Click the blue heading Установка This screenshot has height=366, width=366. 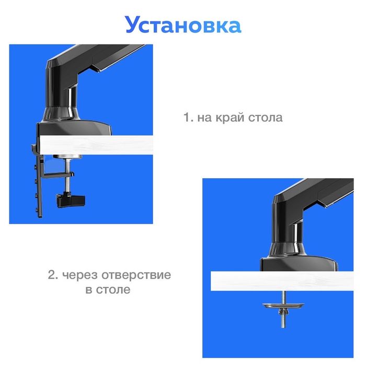[183, 25]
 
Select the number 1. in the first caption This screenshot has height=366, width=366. [189, 117]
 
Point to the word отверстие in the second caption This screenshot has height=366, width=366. [136, 275]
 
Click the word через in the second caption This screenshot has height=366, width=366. [80, 276]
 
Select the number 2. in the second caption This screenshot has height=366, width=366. [53, 275]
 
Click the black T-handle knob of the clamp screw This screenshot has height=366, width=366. [71, 200]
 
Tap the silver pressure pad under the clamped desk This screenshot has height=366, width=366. [67, 157]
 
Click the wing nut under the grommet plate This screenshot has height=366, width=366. [283, 312]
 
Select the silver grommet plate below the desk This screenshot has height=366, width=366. [283, 305]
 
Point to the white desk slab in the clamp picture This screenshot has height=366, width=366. [96, 145]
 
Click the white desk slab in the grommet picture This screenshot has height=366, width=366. [282, 281]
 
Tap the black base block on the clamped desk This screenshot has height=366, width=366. [75, 129]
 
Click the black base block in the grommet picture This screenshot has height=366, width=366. [299, 264]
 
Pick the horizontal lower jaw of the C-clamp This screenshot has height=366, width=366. [59, 175]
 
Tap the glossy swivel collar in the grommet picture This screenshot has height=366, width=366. [287, 250]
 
